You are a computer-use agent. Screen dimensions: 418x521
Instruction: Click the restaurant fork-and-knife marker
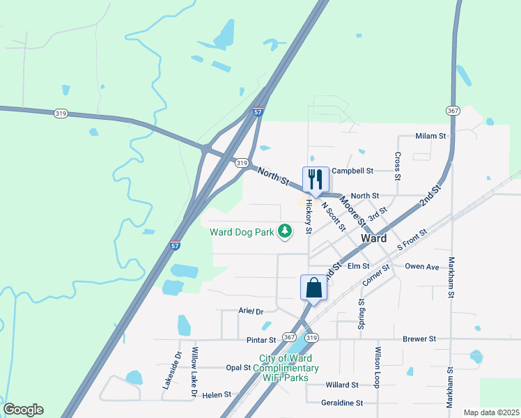click(x=315, y=180)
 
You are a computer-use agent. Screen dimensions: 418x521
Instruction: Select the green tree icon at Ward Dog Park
click(x=284, y=231)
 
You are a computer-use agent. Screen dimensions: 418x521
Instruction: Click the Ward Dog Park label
click(x=242, y=231)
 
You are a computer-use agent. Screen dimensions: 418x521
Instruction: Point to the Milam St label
click(x=430, y=137)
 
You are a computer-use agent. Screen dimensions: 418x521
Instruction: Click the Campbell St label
click(x=352, y=171)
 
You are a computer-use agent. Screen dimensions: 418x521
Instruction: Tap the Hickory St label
click(x=308, y=219)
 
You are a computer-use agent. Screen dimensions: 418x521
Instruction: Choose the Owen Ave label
click(x=422, y=267)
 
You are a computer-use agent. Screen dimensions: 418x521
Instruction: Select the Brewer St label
click(x=419, y=339)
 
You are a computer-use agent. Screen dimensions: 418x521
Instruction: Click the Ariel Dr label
click(x=251, y=311)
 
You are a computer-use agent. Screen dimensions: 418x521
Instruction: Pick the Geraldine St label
click(x=342, y=403)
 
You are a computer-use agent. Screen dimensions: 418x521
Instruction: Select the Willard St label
click(x=342, y=385)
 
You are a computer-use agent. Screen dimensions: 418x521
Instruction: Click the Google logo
click(x=23, y=410)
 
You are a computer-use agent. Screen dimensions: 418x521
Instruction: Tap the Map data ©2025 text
click(x=491, y=412)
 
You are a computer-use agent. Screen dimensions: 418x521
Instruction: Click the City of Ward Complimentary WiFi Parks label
click(x=289, y=368)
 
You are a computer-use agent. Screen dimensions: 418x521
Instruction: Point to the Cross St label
click(x=398, y=166)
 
